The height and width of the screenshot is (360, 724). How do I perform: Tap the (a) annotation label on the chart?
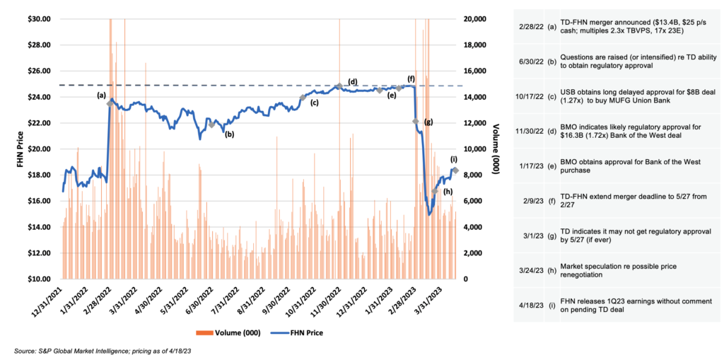click(x=101, y=94)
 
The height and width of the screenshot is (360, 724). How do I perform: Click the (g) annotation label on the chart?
click(x=428, y=122)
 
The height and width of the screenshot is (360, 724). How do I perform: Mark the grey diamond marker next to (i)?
click(x=456, y=170)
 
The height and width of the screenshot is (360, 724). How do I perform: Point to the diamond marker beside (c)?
click(x=303, y=98)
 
